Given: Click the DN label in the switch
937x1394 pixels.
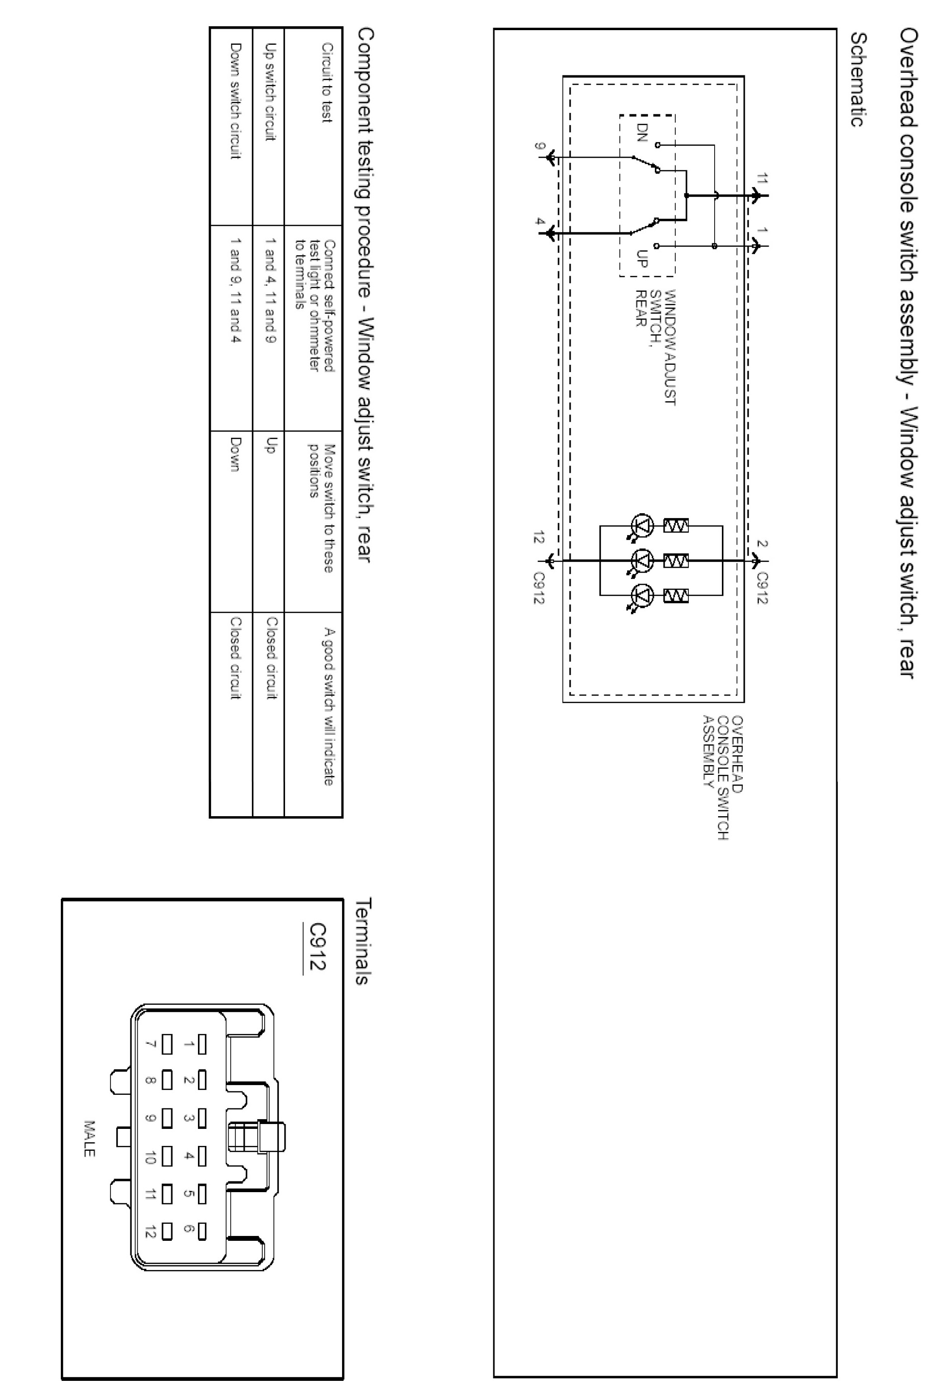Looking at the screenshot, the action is pyautogui.click(x=642, y=133).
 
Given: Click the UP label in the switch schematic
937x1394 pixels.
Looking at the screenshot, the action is pyautogui.click(x=642, y=258).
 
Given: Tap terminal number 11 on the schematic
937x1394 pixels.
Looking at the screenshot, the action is pyautogui.click(x=761, y=178).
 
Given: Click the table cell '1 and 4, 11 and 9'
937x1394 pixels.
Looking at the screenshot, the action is pyautogui.click(x=270, y=290).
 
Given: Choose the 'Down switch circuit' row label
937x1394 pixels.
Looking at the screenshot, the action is pyautogui.click(x=235, y=101).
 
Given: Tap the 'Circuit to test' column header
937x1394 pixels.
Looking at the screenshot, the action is pyautogui.click(x=327, y=82).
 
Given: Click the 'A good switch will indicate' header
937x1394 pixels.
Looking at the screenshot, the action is pyautogui.click(x=328, y=707).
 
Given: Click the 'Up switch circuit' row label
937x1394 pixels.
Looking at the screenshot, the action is pyautogui.click(x=270, y=92).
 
